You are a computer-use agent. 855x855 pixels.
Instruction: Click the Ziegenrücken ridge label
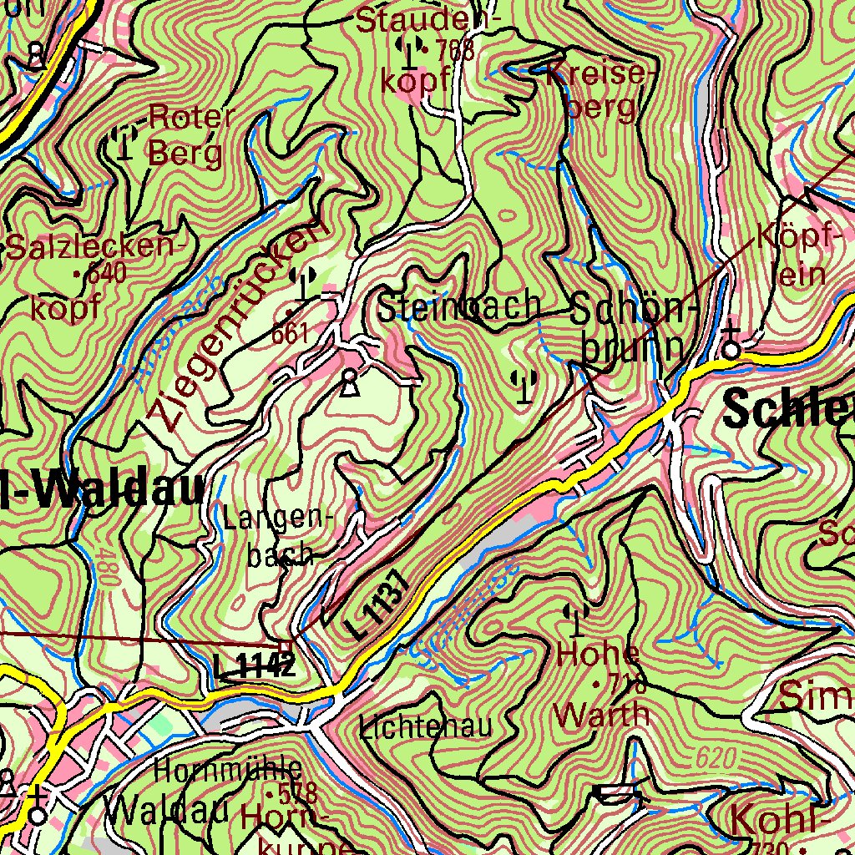234,326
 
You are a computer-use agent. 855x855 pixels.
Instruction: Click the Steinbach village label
458,306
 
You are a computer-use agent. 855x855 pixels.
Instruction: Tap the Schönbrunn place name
635,329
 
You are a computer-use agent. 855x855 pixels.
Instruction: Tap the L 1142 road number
254,665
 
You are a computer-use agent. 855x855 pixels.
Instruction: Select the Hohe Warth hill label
601,683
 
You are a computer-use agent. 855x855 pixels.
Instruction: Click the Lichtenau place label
426,726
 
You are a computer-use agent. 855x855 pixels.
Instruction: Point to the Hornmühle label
228,767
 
